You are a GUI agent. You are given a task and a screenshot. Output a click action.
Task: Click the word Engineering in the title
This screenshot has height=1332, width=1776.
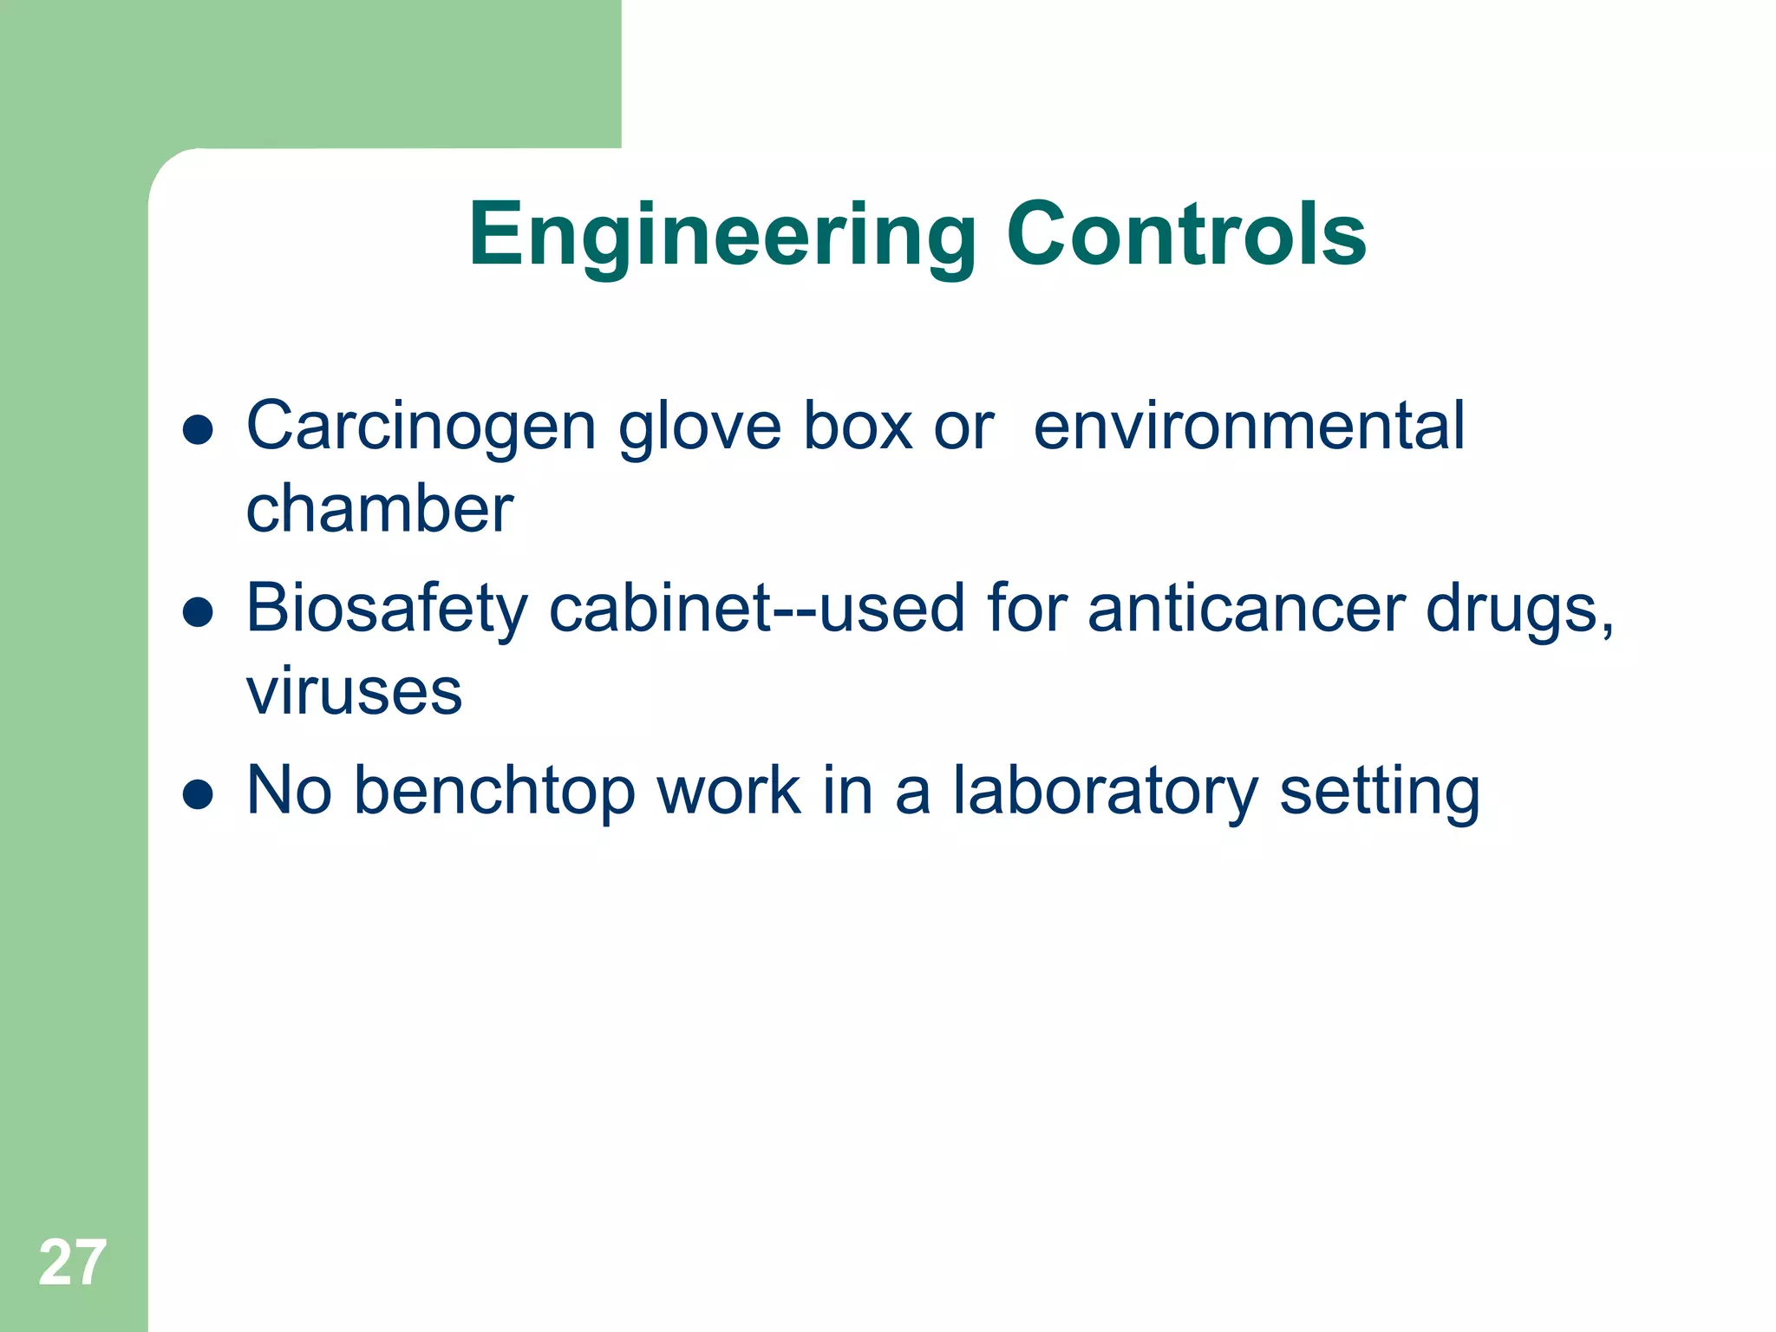tap(722, 235)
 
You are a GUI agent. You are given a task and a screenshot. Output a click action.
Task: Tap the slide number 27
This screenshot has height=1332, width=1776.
tap(72, 1263)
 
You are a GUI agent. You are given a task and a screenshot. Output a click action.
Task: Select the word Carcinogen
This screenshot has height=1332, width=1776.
tap(421, 428)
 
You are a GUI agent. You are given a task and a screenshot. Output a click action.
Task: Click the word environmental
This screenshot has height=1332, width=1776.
tap(1249, 426)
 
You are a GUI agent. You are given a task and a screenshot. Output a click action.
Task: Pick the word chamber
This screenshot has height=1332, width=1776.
tap(380, 509)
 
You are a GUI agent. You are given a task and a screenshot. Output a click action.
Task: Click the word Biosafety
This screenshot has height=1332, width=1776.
tap(387, 609)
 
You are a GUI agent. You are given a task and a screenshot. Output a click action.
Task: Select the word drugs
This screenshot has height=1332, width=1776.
tap(1518, 609)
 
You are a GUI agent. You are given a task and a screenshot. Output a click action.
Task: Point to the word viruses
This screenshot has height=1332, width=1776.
tap(354, 692)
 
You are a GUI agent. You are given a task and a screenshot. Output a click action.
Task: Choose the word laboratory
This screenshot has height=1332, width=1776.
tap(1105, 791)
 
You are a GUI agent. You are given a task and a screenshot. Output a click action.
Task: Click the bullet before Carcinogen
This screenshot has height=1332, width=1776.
tap(199, 430)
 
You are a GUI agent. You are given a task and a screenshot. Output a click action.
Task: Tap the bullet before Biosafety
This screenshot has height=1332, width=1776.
tap(199, 612)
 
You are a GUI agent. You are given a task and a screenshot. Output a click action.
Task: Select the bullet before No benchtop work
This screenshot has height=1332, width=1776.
tap(199, 794)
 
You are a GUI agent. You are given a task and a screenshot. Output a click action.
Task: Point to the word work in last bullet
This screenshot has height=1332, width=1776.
tap(728, 791)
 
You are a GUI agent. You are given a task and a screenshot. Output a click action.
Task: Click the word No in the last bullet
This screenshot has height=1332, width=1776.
tap(290, 791)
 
